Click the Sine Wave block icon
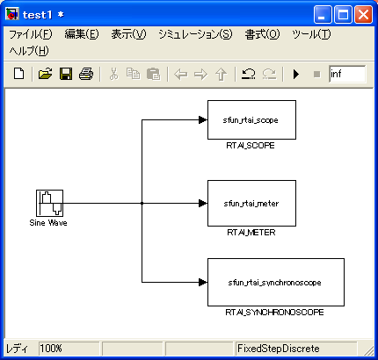49,203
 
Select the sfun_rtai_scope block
251,119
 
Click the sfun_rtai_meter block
251,203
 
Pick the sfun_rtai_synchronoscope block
276,282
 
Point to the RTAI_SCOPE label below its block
251,146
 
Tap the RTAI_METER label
251,233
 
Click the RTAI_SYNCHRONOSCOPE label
274,313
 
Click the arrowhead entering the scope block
203,119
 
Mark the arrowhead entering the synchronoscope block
203,282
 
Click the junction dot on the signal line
142,203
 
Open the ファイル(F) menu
31,34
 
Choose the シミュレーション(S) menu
195,34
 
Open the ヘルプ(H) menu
29,51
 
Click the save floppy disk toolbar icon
66,74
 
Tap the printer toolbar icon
86,74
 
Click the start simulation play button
296,74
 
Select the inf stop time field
347,74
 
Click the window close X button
364,14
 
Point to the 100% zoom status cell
69,349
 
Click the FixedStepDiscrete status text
279,349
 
